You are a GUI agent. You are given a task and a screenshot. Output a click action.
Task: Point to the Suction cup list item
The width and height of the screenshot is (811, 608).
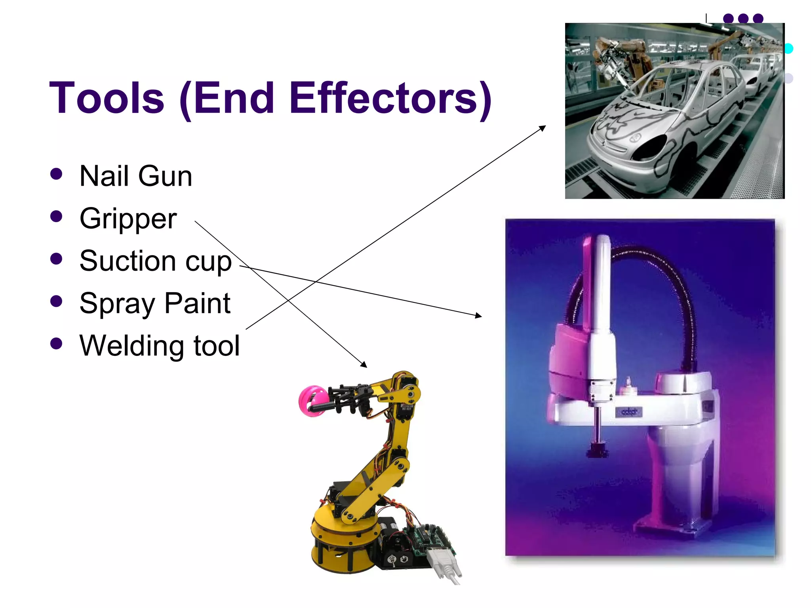(x=155, y=261)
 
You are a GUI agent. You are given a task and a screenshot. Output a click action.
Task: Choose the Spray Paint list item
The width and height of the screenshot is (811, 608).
(x=155, y=304)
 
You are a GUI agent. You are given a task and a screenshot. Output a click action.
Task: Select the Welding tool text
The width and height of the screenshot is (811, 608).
(x=160, y=346)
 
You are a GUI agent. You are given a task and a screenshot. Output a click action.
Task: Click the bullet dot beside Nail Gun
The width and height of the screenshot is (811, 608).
(x=57, y=174)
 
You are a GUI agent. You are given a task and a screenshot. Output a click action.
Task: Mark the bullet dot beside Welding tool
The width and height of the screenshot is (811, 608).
(x=57, y=344)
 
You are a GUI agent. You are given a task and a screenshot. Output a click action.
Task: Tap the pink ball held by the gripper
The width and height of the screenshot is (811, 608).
(x=311, y=401)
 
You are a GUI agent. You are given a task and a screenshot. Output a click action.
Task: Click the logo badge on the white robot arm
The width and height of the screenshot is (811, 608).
(x=629, y=412)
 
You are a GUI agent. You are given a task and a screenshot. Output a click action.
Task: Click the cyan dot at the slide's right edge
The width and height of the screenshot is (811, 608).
(x=788, y=48)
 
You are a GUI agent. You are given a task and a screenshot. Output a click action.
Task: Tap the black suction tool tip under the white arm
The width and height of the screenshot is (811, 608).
(x=597, y=450)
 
